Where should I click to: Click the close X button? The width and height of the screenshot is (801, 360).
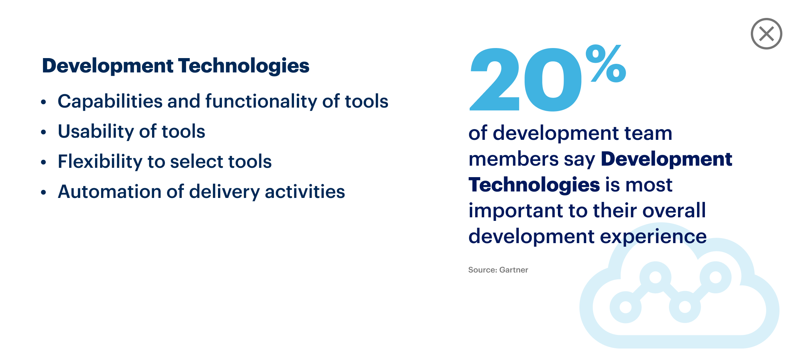click(x=766, y=34)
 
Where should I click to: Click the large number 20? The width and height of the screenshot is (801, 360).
click(x=526, y=79)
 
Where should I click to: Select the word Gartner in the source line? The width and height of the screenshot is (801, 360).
click(x=513, y=270)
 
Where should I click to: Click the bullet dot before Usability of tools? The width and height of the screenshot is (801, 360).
click(x=43, y=132)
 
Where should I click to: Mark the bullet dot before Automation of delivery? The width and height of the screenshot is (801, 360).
click(x=43, y=192)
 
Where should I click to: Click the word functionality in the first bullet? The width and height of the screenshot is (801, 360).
click(x=261, y=101)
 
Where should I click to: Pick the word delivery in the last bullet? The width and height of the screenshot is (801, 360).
click(x=224, y=192)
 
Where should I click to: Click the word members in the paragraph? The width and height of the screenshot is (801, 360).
click(x=513, y=159)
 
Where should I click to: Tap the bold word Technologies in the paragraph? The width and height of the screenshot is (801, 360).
click(x=534, y=185)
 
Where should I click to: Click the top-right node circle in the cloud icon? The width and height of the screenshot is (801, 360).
click(x=715, y=277)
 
